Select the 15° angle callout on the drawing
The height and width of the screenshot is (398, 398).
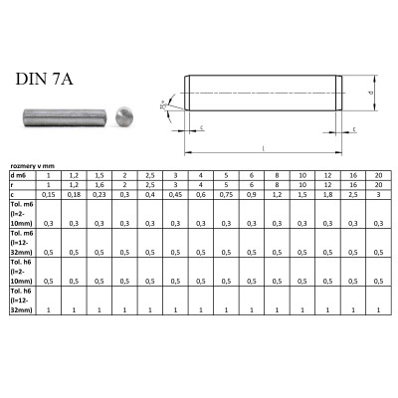(163, 104)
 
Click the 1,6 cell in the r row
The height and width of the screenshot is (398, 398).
(100, 185)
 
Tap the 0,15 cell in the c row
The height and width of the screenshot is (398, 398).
(50, 195)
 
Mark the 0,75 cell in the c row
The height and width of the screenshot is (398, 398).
(227, 195)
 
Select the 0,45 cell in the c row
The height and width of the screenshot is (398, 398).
(176, 195)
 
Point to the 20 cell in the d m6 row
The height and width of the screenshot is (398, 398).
(378, 176)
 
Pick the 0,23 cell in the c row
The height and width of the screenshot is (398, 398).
(100, 195)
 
